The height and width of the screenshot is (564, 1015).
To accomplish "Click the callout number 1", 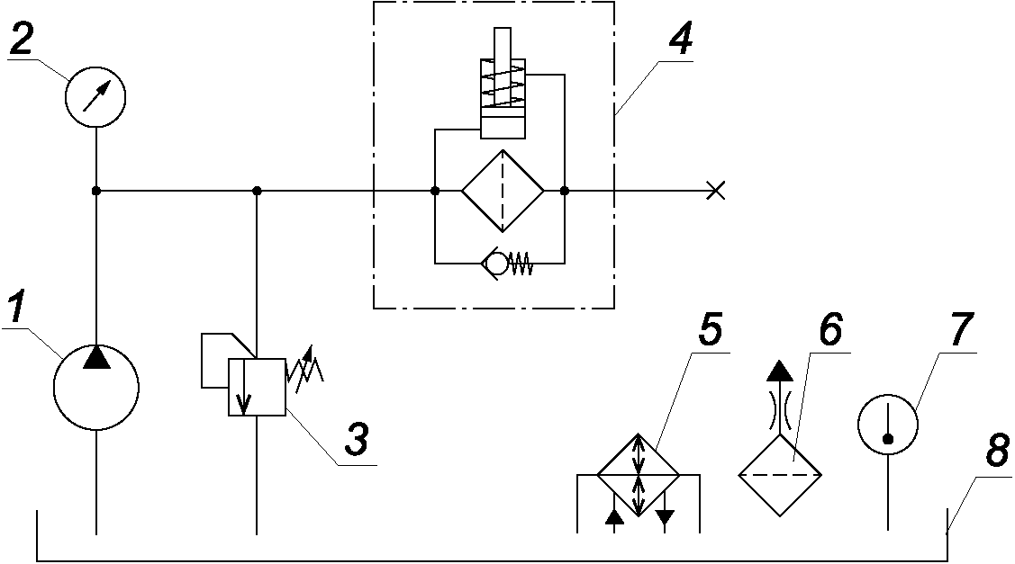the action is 18,308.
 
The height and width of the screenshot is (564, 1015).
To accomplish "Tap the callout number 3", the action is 356,439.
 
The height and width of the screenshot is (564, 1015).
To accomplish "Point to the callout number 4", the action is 679,38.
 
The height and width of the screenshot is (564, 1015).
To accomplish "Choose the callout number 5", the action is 710,330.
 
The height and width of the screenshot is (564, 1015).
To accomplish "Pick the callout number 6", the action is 830,329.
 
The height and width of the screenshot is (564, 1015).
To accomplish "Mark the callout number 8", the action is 997,450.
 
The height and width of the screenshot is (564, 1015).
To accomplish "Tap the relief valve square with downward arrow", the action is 257,387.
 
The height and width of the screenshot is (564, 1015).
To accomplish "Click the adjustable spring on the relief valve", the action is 305,370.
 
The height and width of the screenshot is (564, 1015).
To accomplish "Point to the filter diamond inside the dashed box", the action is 503,191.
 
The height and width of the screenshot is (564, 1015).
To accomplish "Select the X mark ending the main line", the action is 715,191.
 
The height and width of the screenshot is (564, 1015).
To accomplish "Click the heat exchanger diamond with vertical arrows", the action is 639,475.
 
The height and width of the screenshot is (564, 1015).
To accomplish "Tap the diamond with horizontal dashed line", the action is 780,475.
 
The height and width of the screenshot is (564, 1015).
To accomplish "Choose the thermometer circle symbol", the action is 888,425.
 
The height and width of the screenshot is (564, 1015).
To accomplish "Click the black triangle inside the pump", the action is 96,357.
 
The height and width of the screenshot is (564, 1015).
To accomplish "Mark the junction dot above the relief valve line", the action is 257,191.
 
